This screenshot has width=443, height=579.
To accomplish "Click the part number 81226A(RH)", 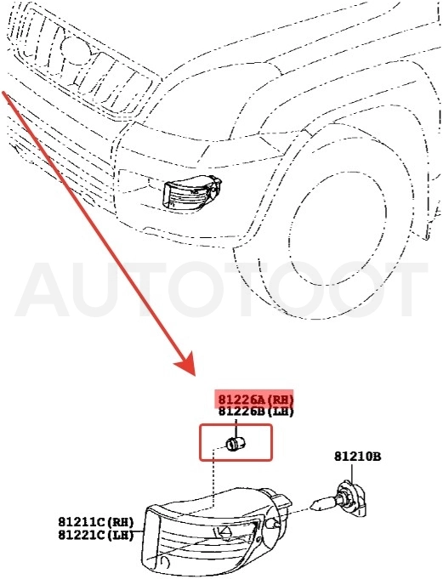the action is coord(256,400).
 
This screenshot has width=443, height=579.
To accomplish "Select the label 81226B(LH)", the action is coord(256,411).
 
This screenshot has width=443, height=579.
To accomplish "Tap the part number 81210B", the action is coord(358,457).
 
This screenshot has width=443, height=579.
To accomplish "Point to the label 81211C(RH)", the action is coord(95,522).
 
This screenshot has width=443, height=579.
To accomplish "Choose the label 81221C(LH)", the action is coord(95,535).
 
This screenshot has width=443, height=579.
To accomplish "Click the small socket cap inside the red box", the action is coord(236,444).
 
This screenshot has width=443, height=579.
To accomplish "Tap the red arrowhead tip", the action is coord(195,376).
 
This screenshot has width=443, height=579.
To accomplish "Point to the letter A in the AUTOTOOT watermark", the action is coord(43,289).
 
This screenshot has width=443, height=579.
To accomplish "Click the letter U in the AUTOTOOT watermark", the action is coord(99,290).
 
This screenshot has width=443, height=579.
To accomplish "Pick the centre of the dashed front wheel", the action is coord(338,227).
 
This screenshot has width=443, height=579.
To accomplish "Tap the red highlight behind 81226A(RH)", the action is coord(255,398).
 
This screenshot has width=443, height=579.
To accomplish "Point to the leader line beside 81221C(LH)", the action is coord(139,531).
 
